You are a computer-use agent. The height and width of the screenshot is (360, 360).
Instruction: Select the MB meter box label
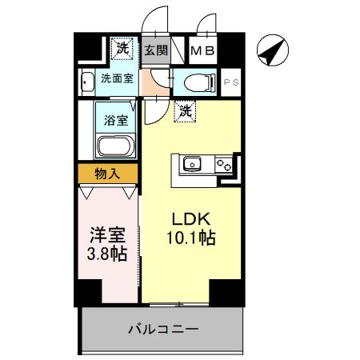(x=202, y=51)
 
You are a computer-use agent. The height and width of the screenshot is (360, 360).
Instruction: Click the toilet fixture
(x=196, y=82)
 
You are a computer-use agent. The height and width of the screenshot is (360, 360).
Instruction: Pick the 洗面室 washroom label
(x=117, y=79)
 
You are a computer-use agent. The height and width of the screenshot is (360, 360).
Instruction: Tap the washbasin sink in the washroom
(x=86, y=81)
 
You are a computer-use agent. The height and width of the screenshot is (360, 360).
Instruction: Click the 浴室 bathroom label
(x=117, y=121)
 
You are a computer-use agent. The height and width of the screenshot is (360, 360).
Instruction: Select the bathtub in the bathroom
(x=116, y=146)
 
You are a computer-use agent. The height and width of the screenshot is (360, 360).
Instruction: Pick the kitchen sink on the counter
(x=192, y=166)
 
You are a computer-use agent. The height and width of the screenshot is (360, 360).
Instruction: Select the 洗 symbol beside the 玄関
(x=122, y=49)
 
